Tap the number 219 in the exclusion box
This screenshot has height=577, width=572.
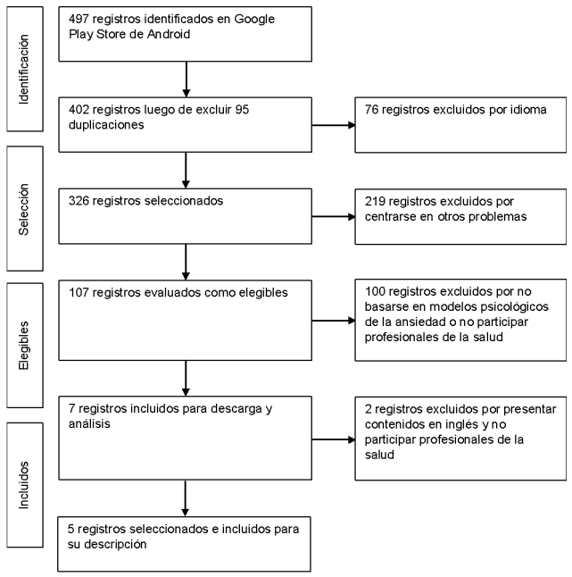377,200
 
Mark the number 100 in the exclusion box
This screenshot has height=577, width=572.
377,290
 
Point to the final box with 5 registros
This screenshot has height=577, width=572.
186,543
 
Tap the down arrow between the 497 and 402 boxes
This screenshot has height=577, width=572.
186,79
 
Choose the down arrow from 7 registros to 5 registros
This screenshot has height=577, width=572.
186,498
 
